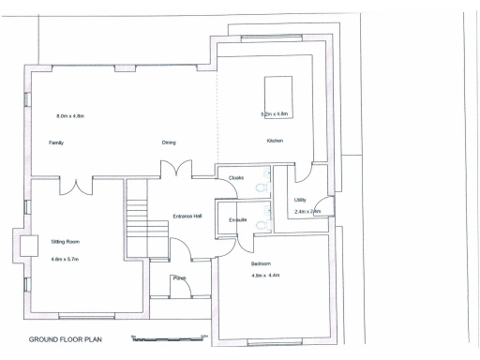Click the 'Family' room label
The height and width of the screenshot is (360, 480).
[55, 142]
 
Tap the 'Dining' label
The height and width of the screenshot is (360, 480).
[169, 142]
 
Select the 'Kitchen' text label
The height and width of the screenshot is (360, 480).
[275, 141]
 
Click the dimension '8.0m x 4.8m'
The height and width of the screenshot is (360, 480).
[70, 115]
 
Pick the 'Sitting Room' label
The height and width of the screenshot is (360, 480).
[65, 241]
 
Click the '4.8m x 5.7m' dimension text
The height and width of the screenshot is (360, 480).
[65, 258]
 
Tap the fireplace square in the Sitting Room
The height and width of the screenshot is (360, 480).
[29, 245]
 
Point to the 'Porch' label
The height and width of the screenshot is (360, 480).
[179, 277]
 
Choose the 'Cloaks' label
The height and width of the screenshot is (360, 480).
[236, 177]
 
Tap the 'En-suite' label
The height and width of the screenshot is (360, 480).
[238, 219]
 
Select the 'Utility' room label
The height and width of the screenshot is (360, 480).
[300, 200]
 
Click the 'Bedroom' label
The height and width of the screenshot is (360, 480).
[261, 263]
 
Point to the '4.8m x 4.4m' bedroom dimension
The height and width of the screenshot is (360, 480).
[265, 276]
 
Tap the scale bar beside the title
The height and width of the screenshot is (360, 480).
[169, 337]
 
